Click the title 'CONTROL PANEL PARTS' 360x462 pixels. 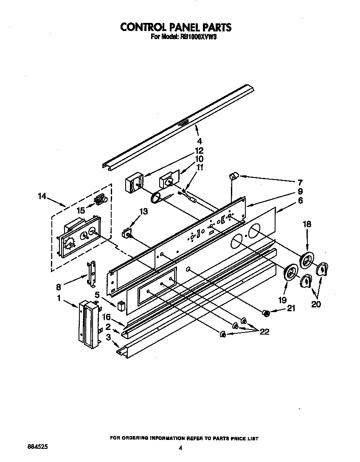pos(176,27)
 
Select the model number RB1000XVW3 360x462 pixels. pos(200,37)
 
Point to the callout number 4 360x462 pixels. pos(199,141)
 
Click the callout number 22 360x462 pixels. pos(264,332)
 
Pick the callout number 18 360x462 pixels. pos(307,224)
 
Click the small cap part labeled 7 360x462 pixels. pos(233,175)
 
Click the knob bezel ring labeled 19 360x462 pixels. pos(290,272)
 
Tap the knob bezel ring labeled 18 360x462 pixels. pos(307,260)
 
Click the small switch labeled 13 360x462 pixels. pos(126,233)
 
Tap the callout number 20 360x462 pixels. pos(316,304)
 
